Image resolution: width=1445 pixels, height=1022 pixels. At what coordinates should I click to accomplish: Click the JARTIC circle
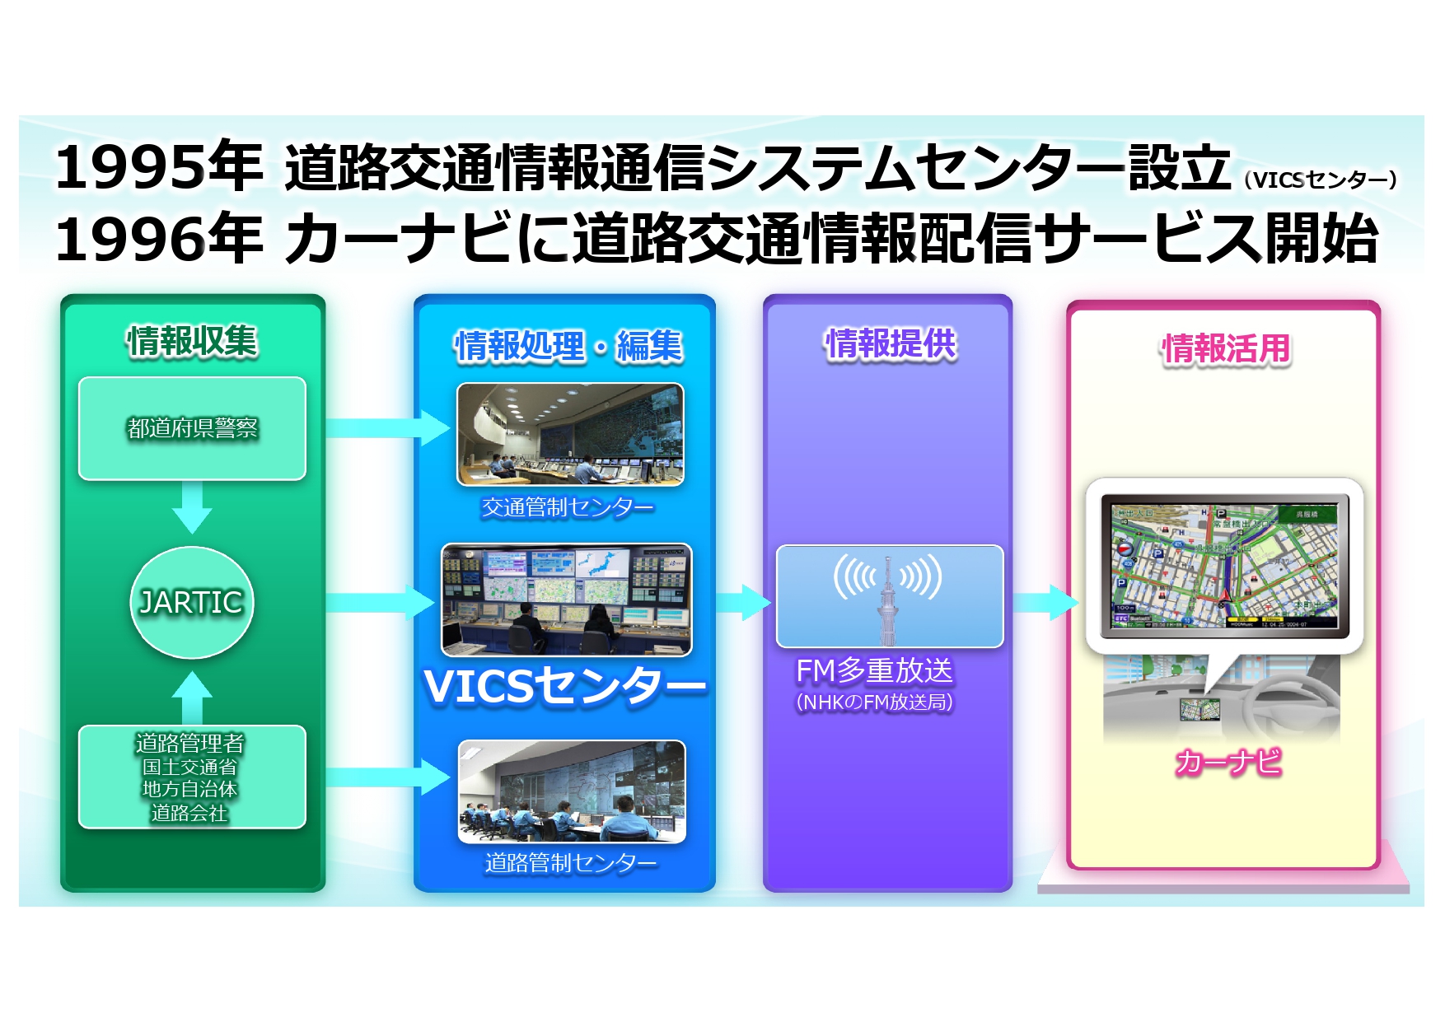coord(192,603)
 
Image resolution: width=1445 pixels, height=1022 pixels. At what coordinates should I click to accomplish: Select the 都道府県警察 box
coord(192,428)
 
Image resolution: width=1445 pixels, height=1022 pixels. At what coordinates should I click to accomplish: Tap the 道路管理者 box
coord(192,777)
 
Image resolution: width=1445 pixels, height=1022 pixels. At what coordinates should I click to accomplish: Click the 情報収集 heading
coord(192,341)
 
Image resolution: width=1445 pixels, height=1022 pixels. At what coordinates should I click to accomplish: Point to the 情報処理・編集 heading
coord(568,346)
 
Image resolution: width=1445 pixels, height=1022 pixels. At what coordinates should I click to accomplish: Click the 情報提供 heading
coord(891,343)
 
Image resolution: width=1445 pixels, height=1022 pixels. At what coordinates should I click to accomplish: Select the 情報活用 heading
coord(1226,348)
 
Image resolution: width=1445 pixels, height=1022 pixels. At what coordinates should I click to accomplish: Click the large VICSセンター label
coord(565,686)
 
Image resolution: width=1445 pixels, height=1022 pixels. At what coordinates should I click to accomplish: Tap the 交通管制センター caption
coord(568,507)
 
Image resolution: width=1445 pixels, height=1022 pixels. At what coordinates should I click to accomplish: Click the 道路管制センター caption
coord(570,862)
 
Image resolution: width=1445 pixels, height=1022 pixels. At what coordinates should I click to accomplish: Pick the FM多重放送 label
coord(874,670)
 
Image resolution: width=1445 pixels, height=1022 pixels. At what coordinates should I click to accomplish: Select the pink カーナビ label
coord(1228,762)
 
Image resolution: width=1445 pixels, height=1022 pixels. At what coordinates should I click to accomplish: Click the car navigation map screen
coord(1224,567)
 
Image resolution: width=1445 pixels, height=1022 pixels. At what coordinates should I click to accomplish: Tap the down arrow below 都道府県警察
coord(192,507)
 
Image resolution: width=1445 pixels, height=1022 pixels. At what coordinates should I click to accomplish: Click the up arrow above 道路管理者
coord(192,697)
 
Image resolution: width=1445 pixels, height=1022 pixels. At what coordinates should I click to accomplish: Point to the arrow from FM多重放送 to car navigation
coord(1046,603)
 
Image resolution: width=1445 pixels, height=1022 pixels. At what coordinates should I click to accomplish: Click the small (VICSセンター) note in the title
coord(1320,180)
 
